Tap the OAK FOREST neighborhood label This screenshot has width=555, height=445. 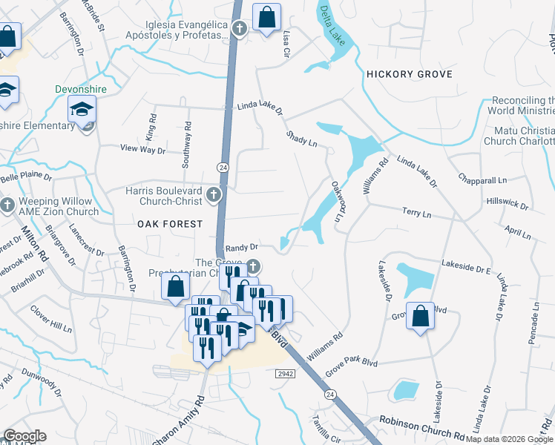pos(169,223)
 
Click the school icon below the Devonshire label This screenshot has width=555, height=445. pos(81,111)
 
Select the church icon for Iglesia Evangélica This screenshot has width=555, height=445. pos(239,29)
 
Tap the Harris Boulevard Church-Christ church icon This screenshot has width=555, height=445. pos(214,195)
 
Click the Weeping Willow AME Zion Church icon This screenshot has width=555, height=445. pos(7,205)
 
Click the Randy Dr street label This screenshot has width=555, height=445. pos(241,247)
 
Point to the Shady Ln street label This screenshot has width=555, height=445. pos(302,139)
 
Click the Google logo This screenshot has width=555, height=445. pos(24,436)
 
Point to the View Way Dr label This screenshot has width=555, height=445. pos(142,149)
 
